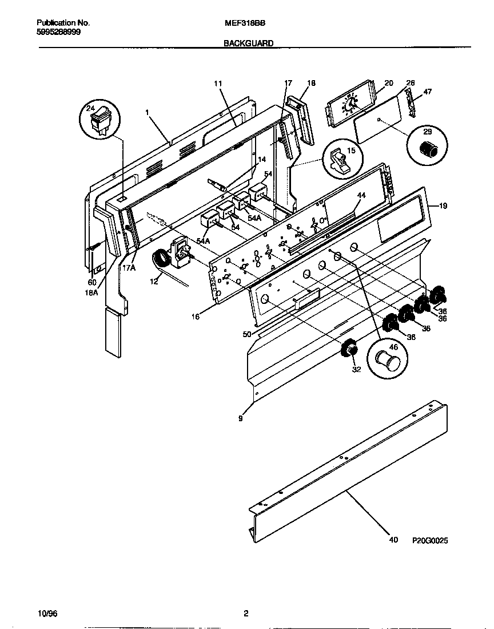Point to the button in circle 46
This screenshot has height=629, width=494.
[387, 362]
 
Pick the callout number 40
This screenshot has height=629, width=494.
[393, 540]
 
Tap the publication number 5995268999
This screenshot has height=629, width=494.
[59, 33]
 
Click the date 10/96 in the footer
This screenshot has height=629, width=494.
[47, 614]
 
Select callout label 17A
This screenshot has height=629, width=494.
[128, 267]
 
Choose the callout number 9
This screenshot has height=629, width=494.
[240, 418]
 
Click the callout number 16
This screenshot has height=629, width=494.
[196, 316]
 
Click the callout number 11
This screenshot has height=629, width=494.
[217, 84]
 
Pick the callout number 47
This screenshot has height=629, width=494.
[428, 91]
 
